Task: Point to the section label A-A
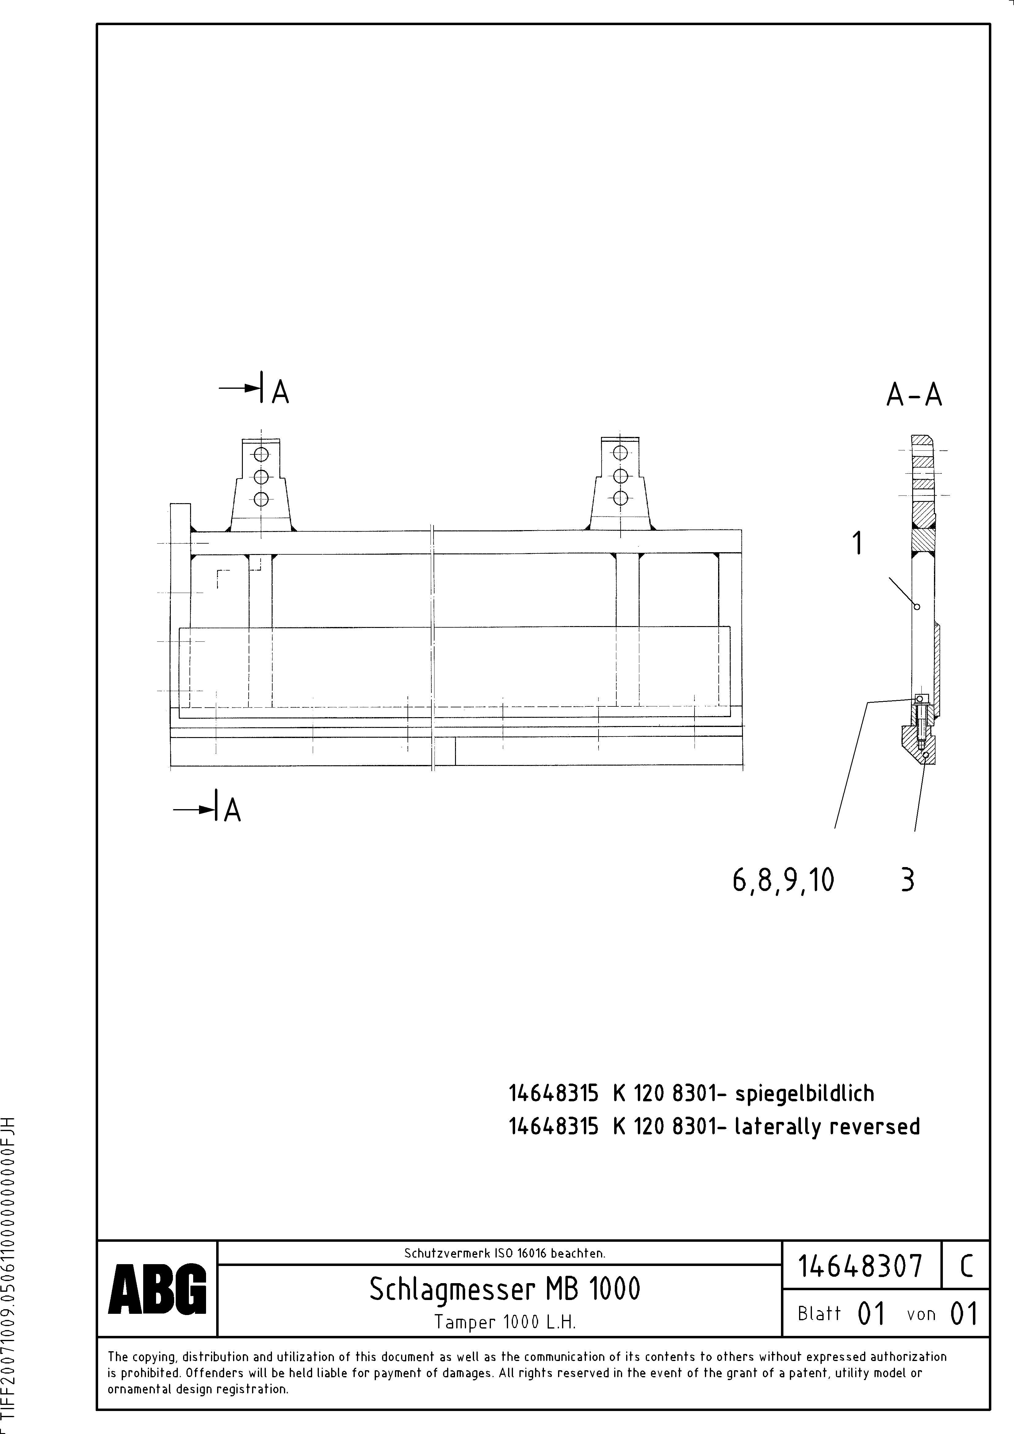click(914, 395)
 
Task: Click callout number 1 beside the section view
click(859, 543)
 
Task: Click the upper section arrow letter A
click(281, 392)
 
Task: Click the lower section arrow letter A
click(232, 811)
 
